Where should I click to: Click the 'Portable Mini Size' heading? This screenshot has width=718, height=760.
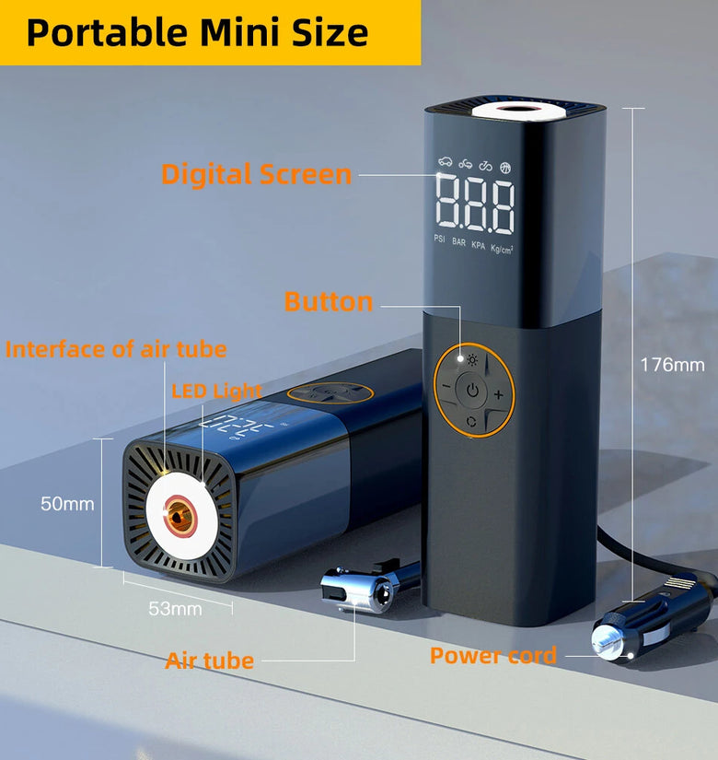[x=197, y=32]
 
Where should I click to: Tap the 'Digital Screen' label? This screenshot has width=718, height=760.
[x=256, y=174]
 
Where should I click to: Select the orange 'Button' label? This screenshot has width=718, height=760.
[x=329, y=302]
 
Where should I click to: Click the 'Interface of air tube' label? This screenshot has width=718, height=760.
[x=116, y=349]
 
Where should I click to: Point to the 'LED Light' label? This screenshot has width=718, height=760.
[x=216, y=391]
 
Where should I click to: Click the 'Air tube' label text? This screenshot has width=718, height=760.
[x=209, y=661]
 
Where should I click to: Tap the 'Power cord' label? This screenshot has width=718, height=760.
[x=493, y=656]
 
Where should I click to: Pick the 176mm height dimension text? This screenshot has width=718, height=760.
[x=672, y=365]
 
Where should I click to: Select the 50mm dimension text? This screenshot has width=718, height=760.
[x=67, y=504]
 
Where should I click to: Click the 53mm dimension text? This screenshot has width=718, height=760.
[x=175, y=609]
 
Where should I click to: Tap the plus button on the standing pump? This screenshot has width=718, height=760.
[x=498, y=395]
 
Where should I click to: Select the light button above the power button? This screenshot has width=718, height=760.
[x=472, y=360]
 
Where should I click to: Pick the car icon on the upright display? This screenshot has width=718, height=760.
[x=445, y=162]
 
